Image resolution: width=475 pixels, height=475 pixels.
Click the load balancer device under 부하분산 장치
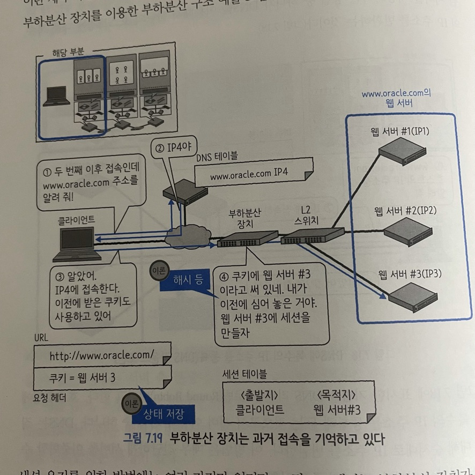click(x=247, y=239)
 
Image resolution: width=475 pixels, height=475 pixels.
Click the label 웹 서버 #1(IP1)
click(x=400, y=131)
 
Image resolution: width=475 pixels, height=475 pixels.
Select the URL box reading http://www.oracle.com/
click(x=102, y=355)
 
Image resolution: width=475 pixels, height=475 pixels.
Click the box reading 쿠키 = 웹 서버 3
click(x=83, y=376)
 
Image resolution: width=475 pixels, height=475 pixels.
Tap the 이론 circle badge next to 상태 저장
click(x=131, y=403)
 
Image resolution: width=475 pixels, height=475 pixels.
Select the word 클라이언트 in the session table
click(x=259, y=410)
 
